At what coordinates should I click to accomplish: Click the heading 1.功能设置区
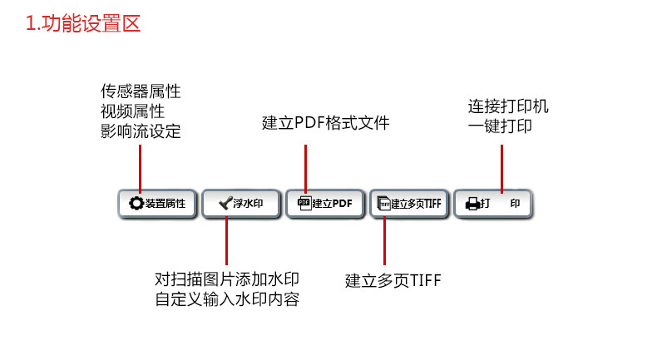coord(83,23)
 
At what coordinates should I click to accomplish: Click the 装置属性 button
coord(157,204)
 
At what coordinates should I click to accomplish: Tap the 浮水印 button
coord(241,204)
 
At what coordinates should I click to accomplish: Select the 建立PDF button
coord(324,204)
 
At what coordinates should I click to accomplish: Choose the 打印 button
coord(493,204)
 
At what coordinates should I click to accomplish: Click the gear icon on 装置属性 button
coord(136,203)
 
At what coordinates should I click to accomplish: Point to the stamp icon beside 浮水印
coord(225,203)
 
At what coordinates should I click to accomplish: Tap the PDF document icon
coord(304,203)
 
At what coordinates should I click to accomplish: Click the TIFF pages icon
coord(384,203)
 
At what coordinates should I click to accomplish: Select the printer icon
coord(472,204)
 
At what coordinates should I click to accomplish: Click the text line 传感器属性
coord(141,91)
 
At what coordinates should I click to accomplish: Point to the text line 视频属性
coord(132,111)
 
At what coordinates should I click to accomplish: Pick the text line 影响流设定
coord(141,131)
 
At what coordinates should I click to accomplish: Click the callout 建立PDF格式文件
coord(325,123)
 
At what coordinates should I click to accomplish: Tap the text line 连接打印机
coord(508,106)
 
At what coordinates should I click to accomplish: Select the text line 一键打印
coord(500,126)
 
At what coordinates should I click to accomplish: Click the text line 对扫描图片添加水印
coord(227,279)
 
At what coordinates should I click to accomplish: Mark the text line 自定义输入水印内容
coord(227,299)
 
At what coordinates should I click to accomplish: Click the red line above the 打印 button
coord(501,169)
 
